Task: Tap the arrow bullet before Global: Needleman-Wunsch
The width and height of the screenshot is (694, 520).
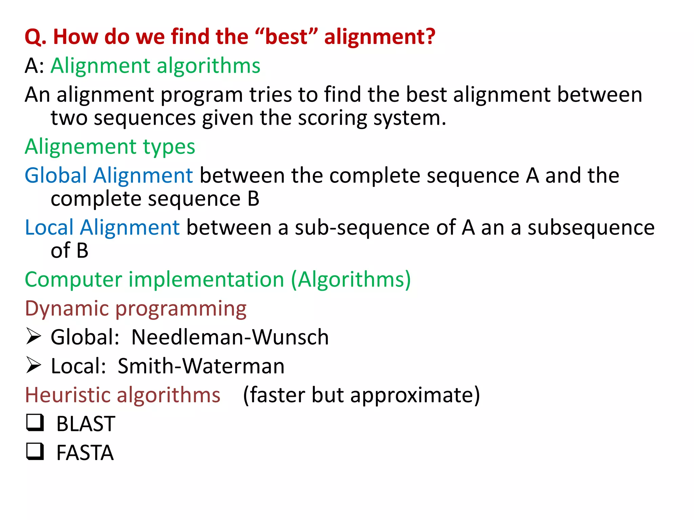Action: pyautogui.click(x=34, y=337)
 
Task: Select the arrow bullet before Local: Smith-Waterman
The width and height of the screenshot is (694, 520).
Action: pyautogui.click(x=34, y=365)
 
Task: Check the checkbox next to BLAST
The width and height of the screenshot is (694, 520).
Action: pyautogui.click(x=35, y=422)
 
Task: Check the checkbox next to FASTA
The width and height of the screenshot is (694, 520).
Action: pyautogui.click(x=35, y=451)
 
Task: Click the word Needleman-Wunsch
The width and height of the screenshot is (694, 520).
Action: pyautogui.click(x=230, y=337)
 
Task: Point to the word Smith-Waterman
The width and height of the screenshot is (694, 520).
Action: pyautogui.click(x=201, y=366)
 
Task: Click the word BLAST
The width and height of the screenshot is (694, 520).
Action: pyautogui.click(x=86, y=424)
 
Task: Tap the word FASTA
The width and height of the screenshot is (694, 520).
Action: pyautogui.click(x=85, y=453)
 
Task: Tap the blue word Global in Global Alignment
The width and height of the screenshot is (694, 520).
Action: pyautogui.click(x=56, y=176)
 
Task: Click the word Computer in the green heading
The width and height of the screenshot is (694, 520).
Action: pyautogui.click(x=73, y=280)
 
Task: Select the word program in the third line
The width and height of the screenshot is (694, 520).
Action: pyautogui.click(x=202, y=95)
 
